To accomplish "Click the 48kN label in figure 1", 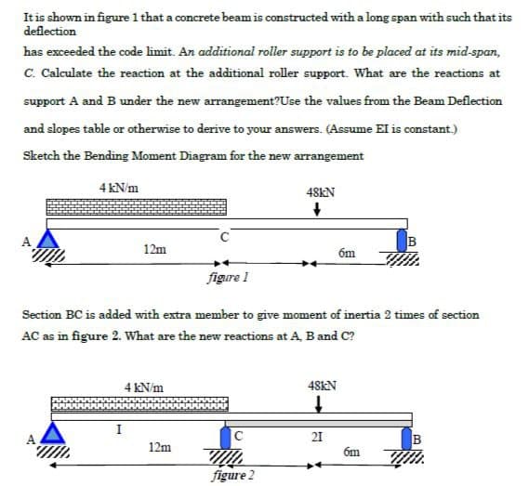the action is point(320,192).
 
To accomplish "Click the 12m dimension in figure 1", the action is point(155,249).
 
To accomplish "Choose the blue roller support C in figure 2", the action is point(226,437).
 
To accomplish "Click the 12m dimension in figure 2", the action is point(160,447).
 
